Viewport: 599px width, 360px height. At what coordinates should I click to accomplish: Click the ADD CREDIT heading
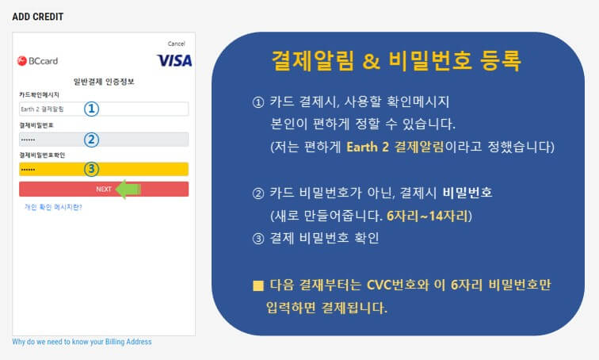click(38, 16)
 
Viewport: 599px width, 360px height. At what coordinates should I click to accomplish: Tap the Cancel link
click(176, 44)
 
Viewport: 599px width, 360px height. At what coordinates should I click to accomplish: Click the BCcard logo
click(37, 60)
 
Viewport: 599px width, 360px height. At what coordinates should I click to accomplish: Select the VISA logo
click(174, 60)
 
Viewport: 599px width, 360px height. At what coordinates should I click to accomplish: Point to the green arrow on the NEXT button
click(128, 189)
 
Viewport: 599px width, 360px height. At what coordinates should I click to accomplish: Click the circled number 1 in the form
click(92, 109)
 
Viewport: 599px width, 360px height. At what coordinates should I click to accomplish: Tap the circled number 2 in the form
click(92, 140)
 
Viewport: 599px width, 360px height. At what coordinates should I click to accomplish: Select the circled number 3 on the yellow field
click(92, 169)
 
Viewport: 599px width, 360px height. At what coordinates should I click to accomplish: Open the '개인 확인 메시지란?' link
click(53, 207)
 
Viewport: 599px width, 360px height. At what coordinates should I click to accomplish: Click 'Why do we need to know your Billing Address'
click(82, 342)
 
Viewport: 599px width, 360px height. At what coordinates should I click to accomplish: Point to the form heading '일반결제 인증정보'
click(103, 81)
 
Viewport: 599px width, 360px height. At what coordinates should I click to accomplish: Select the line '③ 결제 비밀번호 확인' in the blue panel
click(315, 238)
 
